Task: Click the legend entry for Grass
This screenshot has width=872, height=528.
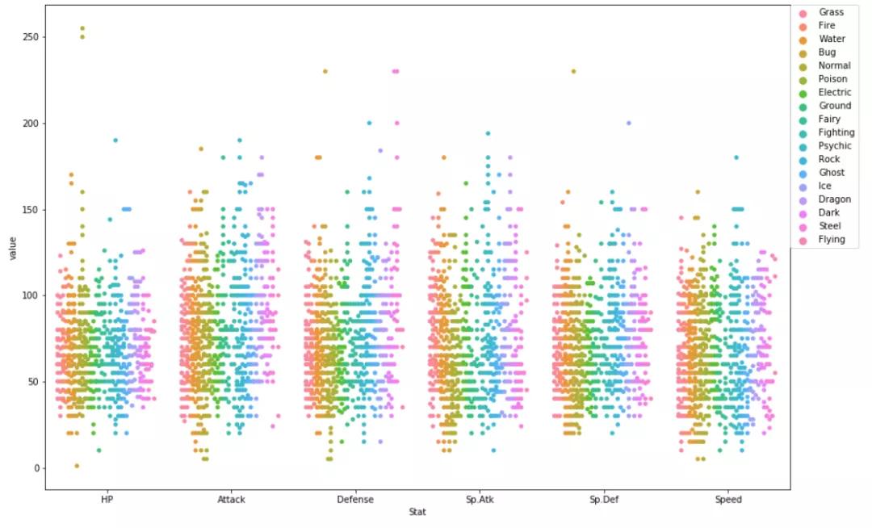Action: point(831,12)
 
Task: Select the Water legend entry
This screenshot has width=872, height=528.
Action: point(832,39)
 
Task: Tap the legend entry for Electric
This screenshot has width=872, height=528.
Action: point(834,92)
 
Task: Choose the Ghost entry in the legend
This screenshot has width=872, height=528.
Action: point(832,172)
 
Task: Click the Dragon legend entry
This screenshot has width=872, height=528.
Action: point(833,199)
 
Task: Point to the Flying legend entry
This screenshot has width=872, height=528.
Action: point(832,239)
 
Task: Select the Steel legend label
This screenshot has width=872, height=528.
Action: point(831,225)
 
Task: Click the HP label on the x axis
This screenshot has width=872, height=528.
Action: point(107,500)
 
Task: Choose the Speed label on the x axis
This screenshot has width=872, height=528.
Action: point(727,500)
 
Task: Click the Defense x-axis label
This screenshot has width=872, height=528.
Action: point(355,500)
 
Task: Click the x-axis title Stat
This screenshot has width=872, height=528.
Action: point(417,512)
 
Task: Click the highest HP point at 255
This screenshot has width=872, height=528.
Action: point(82,28)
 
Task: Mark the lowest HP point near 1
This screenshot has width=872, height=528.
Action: point(77,466)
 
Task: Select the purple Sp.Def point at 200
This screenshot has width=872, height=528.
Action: point(628,124)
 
